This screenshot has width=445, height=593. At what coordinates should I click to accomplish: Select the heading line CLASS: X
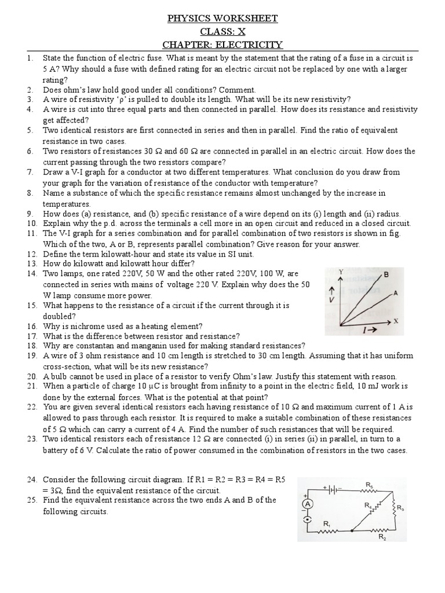click(222, 32)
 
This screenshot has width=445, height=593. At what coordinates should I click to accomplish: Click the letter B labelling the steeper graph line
click(385, 273)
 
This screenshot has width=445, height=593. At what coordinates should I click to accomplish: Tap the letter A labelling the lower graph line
click(395, 293)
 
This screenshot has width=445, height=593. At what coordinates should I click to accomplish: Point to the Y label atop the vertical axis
click(341, 271)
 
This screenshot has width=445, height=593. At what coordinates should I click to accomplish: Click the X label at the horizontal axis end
click(396, 320)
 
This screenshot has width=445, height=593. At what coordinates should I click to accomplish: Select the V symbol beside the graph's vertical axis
click(331, 300)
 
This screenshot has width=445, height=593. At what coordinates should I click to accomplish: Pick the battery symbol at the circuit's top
click(333, 489)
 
